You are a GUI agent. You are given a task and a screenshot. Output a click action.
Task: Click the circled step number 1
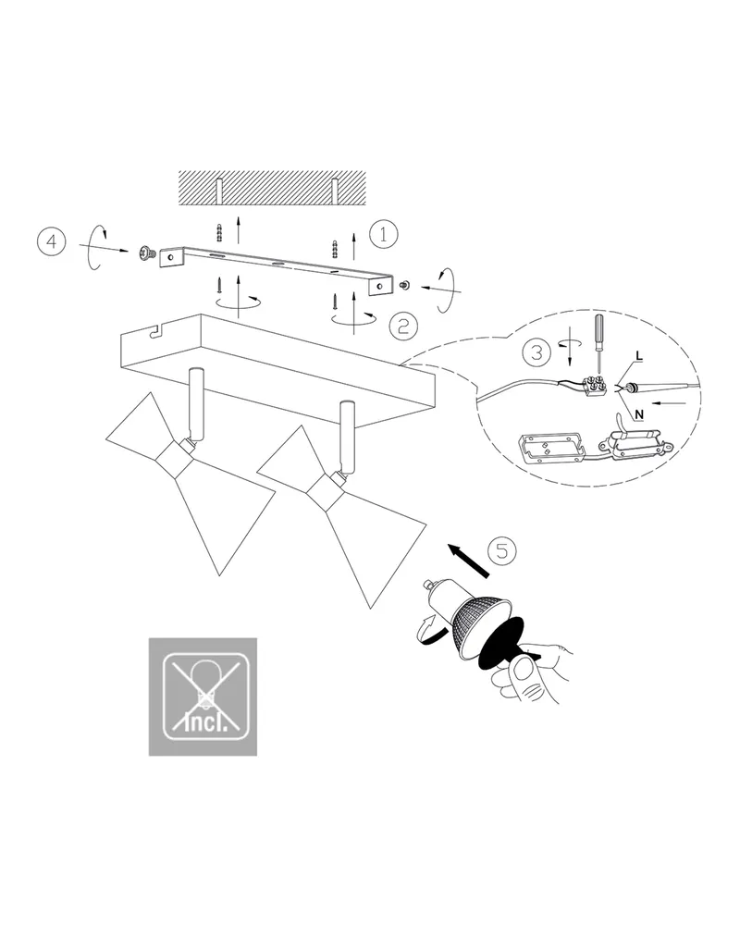(x=383, y=234)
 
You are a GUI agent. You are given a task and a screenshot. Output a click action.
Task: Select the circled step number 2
(x=403, y=326)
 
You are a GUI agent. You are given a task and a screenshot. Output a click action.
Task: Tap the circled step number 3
(x=537, y=352)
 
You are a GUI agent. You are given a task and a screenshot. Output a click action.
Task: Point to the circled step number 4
(x=52, y=241)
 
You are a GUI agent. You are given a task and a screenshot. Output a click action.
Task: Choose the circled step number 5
(x=502, y=550)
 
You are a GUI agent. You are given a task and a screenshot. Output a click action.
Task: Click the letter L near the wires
(x=639, y=357)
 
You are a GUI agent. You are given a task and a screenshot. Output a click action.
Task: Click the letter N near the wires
(x=639, y=414)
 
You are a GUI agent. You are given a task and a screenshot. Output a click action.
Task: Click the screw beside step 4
(x=146, y=254)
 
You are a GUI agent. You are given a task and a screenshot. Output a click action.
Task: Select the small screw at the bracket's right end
(x=405, y=286)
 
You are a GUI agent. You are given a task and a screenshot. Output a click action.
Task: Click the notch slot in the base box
(x=155, y=333)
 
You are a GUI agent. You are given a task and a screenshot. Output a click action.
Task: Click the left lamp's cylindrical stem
(x=195, y=405)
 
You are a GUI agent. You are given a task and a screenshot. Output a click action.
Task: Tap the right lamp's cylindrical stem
(x=348, y=438)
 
